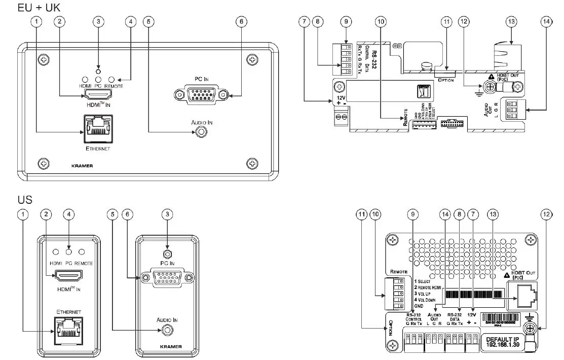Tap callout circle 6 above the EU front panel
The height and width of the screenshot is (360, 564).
(x=241, y=22)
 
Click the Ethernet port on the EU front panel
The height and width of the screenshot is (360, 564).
(x=97, y=130)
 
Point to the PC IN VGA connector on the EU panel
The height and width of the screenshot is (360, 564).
(x=200, y=95)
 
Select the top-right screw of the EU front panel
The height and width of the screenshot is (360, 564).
(x=252, y=60)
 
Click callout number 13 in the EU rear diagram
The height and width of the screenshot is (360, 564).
(x=511, y=22)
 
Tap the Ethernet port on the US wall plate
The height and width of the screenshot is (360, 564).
(x=69, y=331)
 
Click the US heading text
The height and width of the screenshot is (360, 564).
(x=25, y=200)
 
